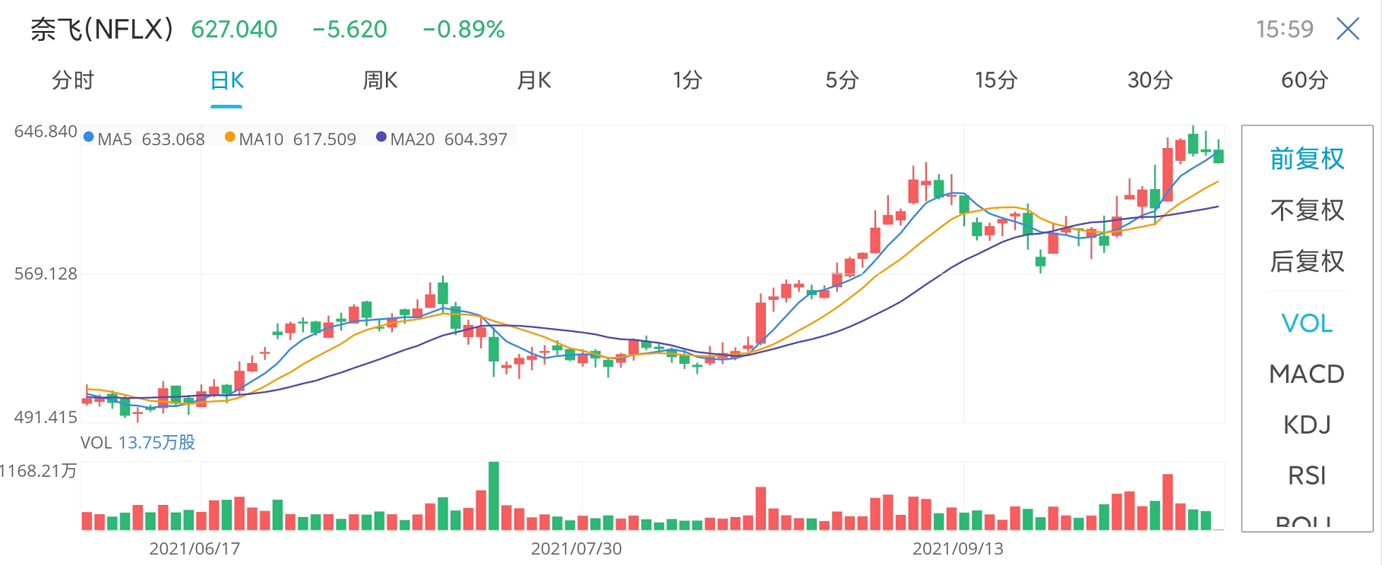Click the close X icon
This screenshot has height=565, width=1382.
[1348, 30]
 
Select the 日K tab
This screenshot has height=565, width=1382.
[226, 80]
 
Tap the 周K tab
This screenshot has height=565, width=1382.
[380, 80]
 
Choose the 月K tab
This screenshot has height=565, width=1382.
[533, 80]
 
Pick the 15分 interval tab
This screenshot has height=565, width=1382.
[995, 80]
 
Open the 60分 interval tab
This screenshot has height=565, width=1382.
[1304, 80]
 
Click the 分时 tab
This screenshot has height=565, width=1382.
[73, 80]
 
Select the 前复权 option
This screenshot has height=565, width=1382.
[1307, 159]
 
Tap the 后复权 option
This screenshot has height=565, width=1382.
[1307, 261]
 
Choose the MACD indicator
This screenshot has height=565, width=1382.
[1307, 374]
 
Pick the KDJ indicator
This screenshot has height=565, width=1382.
[1307, 425]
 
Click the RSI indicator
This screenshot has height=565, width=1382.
[1307, 475]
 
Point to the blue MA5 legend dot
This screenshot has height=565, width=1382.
[89, 137]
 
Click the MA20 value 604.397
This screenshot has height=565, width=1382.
[476, 140]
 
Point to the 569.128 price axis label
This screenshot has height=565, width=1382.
[46, 274]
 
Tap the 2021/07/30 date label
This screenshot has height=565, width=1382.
[576, 548]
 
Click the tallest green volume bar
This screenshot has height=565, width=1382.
[494, 495]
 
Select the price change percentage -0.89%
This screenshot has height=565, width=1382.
[463, 30]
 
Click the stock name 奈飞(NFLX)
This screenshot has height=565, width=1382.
[102, 30]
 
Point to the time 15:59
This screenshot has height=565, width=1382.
[1284, 30]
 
